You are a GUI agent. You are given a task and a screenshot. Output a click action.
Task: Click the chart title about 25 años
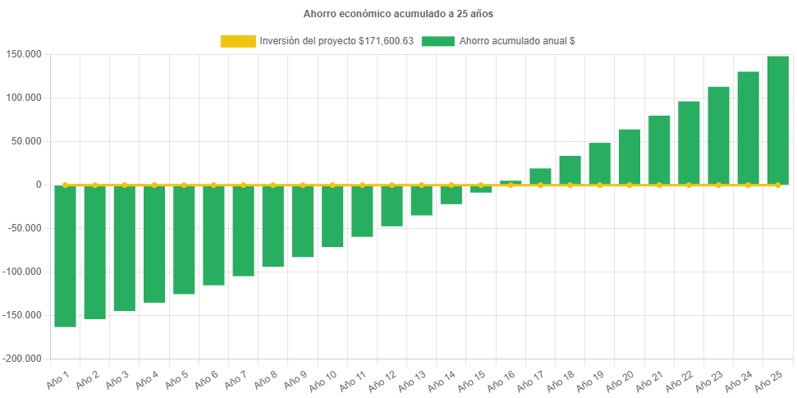point(398,14)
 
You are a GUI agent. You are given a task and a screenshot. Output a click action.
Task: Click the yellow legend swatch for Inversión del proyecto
point(237,41)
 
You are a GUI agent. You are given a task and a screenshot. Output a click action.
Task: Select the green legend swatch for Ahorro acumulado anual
point(437,41)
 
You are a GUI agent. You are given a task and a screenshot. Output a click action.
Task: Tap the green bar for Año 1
point(66,256)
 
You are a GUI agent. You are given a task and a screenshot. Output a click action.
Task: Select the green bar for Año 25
point(777,120)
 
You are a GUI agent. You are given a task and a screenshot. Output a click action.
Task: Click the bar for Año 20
point(630,157)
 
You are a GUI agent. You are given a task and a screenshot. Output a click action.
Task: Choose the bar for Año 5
point(184,240)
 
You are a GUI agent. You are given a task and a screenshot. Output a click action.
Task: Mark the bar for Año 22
point(689,143)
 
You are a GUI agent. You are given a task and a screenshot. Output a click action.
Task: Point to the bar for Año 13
point(421,200)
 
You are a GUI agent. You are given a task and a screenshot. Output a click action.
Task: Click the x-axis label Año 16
point(501,382)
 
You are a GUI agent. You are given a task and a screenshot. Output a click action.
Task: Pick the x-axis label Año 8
point(263,382)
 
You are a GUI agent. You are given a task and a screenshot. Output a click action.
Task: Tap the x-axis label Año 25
point(768,382)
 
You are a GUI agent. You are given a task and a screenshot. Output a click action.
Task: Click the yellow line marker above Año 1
point(66,185)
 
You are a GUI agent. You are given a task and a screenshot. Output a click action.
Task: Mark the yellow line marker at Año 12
point(392,185)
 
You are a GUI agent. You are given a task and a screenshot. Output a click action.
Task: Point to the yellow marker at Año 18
point(570,185)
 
